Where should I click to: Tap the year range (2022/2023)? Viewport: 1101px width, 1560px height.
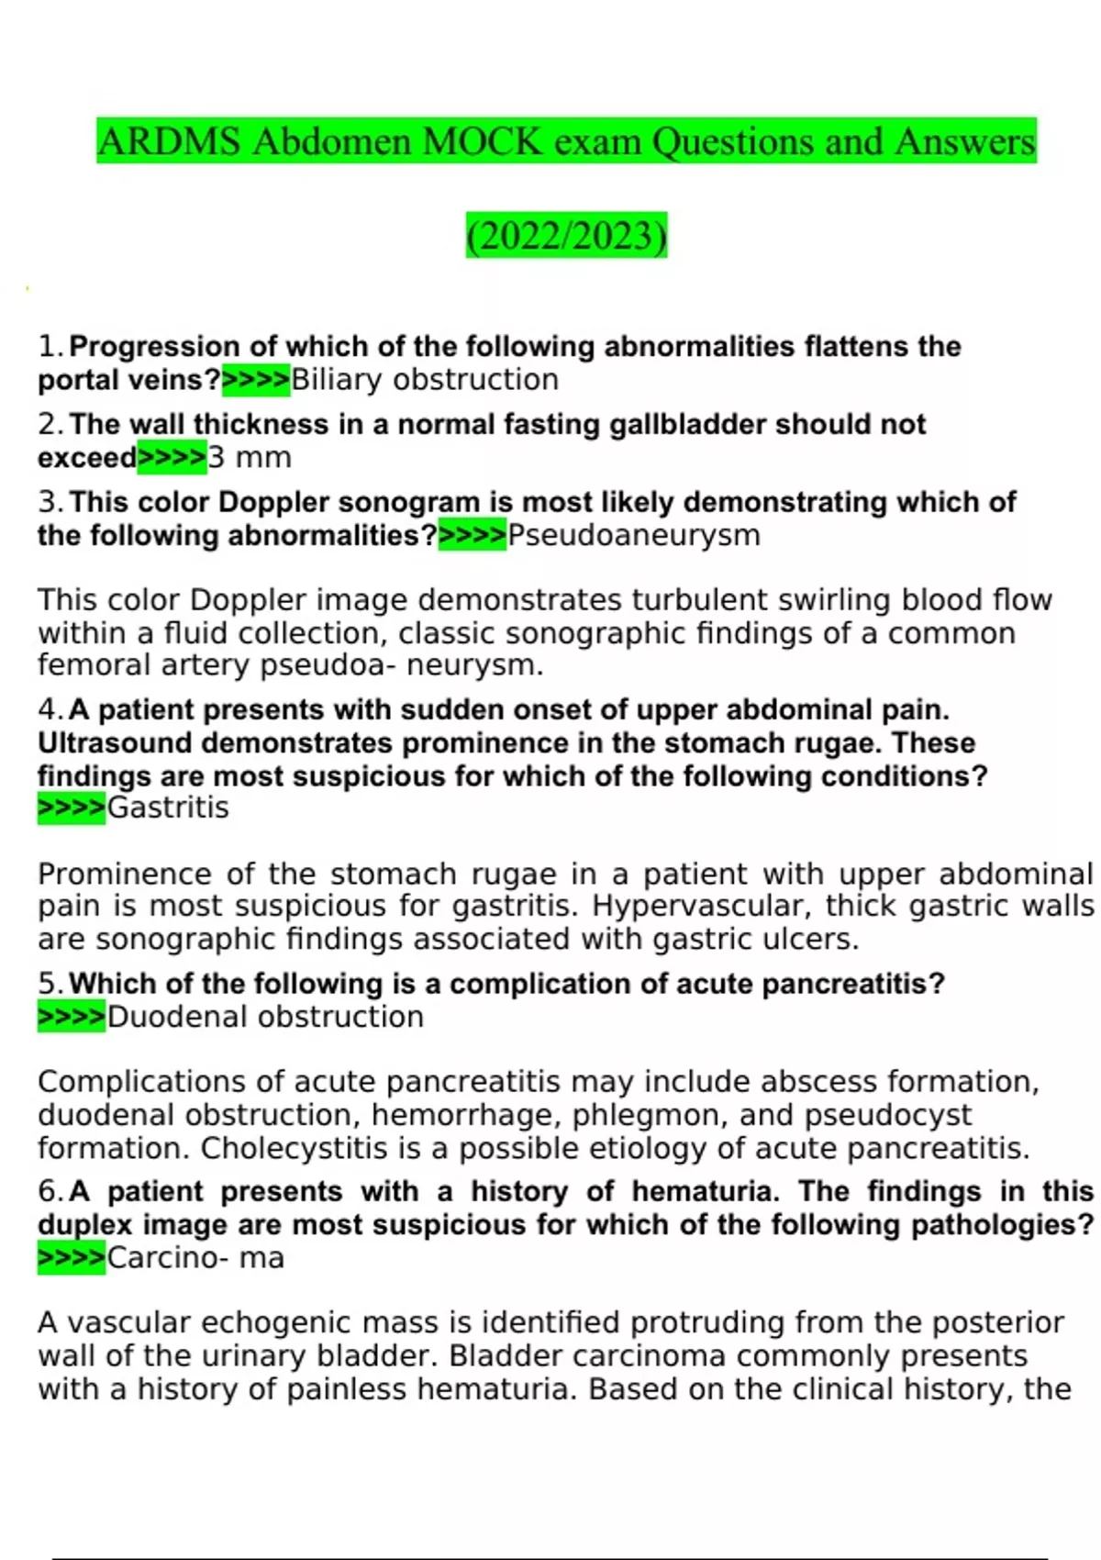(x=566, y=236)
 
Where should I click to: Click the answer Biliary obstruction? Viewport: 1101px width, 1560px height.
(x=425, y=380)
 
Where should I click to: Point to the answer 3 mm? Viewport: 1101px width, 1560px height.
(x=250, y=457)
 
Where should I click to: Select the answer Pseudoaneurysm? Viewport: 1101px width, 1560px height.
(x=634, y=535)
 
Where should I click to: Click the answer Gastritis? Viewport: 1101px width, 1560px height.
(x=168, y=808)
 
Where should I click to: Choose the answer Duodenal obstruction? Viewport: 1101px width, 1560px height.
(x=265, y=1017)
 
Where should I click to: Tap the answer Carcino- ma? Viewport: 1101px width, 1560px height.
(x=195, y=1257)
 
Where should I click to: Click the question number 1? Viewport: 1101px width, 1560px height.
(x=50, y=347)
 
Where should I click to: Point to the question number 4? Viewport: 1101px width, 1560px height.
(x=50, y=710)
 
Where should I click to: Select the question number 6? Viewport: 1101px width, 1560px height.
(x=50, y=1192)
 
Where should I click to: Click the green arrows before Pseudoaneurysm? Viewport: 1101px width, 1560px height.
(x=473, y=535)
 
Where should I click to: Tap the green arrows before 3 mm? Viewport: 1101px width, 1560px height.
(x=172, y=457)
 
